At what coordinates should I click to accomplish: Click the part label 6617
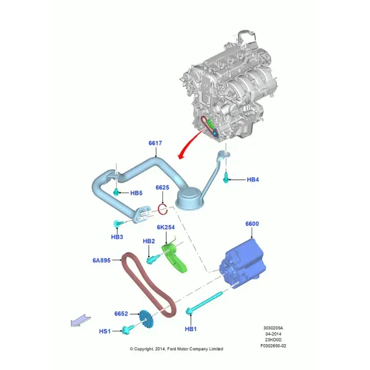[x=155, y=143]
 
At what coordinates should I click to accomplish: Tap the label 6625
[x=162, y=187]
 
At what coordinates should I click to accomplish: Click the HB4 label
[x=253, y=179]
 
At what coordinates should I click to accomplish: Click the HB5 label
[x=136, y=193]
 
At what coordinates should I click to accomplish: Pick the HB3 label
[x=117, y=237]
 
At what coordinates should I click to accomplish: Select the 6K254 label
[x=166, y=227]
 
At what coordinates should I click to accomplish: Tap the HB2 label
[x=149, y=241]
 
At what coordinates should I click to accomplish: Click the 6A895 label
[x=102, y=260]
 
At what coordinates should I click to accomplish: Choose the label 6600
[x=252, y=224]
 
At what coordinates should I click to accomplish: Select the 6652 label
[x=121, y=314]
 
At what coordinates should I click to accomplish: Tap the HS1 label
[x=105, y=331]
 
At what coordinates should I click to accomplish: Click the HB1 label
[x=191, y=329]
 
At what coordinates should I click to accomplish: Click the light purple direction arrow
[x=81, y=320]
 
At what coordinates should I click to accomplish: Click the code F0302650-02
[x=273, y=346]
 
